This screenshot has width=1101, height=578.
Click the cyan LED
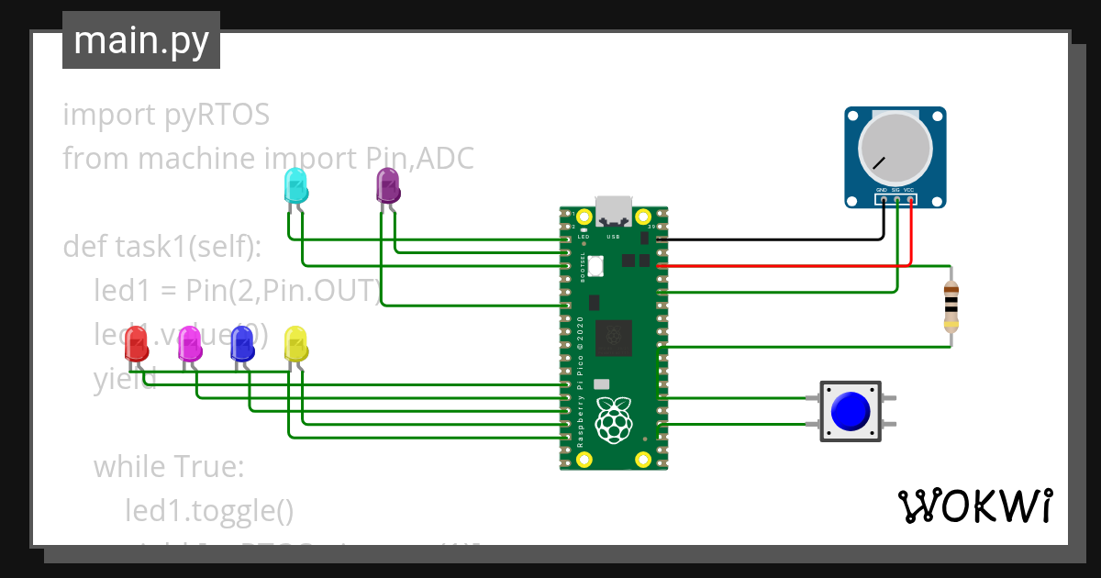(296, 186)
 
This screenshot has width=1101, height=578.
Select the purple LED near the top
(388, 186)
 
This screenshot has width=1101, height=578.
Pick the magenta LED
(190, 343)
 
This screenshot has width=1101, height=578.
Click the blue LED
(242, 343)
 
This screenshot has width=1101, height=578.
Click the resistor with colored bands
(951, 306)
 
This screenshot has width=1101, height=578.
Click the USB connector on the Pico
(614, 211)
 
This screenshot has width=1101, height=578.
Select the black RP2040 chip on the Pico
(613, 337)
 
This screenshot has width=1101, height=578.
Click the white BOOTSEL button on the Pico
(595, 265)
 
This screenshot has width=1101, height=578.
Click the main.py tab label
(140, 40)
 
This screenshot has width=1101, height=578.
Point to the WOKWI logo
(974, 506)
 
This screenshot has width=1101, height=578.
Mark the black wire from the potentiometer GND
(771, 239)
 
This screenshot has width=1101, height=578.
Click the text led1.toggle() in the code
(209, 510)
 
